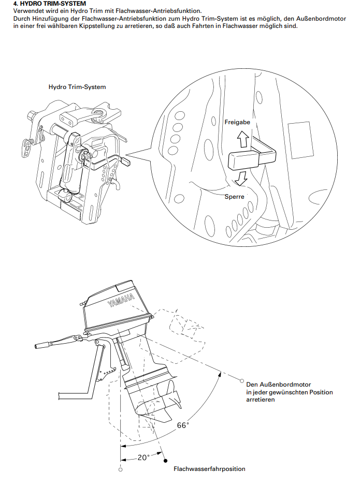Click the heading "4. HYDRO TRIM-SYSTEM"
(50, 4)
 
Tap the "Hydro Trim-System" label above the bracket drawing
(77, 87)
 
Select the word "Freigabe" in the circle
(237, 122)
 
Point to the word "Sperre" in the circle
(235, 196)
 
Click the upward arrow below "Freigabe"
(243, 139)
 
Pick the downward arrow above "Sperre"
(240, 178)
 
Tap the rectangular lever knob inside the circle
(243, 160)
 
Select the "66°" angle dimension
(182, 425)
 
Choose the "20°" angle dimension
(143, 458)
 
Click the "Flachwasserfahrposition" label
(209, 469)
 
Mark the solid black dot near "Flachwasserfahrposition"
(165, 461)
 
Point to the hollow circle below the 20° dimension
(121, 469)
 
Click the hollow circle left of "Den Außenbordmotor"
(241, 380)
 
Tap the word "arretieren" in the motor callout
(261, 400)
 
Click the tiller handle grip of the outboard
(42, 345)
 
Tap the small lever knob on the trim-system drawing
(127, 161)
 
